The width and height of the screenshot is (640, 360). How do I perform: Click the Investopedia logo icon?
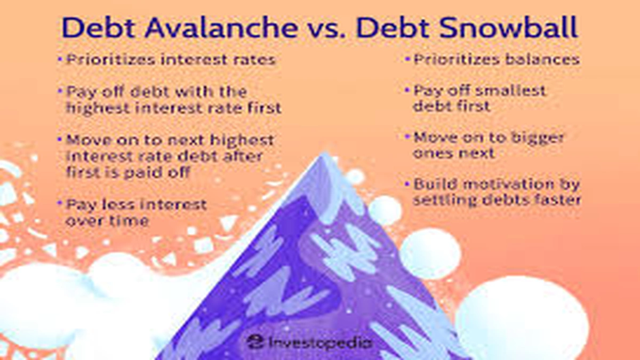click(255, 341)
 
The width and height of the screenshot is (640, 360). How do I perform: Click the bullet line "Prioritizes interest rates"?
click(171, 59)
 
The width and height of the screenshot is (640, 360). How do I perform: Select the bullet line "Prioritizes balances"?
click(496, 59)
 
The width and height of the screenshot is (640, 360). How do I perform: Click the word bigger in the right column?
click(533, 138)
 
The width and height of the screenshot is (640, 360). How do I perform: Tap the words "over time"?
click(107, 221)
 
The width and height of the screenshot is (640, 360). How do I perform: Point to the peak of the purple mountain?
click(324, 156)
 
